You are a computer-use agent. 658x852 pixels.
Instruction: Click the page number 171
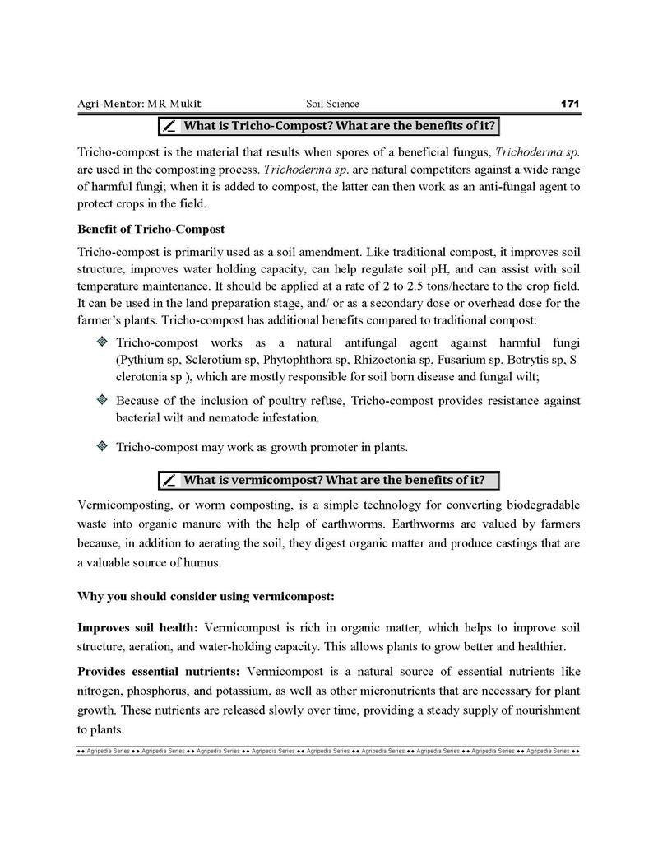[570, 104]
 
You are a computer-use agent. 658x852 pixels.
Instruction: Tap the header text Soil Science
[332, 104]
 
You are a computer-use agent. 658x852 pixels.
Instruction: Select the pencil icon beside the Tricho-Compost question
[169, 126]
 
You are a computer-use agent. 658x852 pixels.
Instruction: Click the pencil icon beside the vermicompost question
[169, 480]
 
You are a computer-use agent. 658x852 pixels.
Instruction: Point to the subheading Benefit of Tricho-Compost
[151, 228]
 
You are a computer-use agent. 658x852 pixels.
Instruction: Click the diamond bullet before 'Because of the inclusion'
[101, 399]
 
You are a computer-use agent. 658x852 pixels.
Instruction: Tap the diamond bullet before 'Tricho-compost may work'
[101, 446]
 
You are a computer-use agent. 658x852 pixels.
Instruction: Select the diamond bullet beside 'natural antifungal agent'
[101, 341]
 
